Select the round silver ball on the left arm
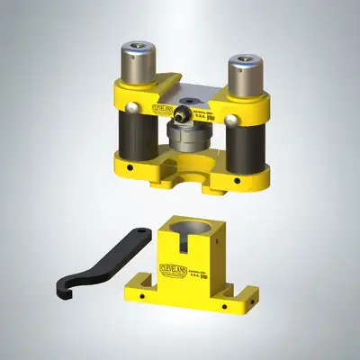pyautogui.click(x=133, y=107)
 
